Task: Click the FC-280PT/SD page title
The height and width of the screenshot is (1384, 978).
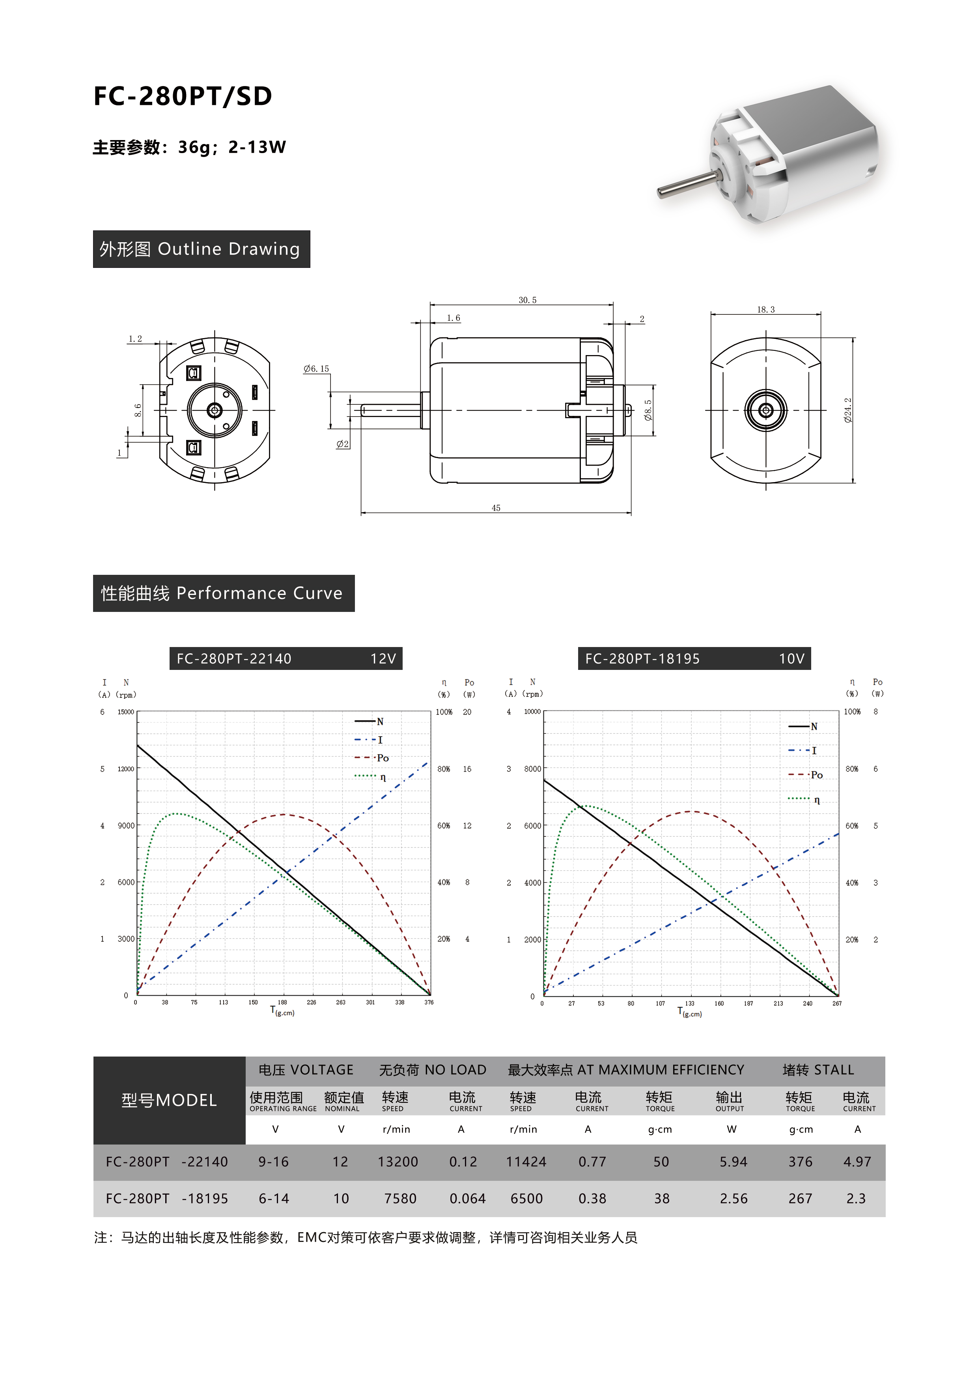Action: (x=183, y=96)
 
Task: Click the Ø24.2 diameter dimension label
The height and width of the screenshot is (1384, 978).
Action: (x=848, y=410)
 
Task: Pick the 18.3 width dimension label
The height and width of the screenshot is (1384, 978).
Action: (x=765, y=310)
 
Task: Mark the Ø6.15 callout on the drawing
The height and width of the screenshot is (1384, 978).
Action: (x=316, y=369)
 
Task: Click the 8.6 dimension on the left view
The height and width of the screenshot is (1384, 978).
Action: (x=138, y=410)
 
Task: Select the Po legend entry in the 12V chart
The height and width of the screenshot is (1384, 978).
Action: (x=382, y=758)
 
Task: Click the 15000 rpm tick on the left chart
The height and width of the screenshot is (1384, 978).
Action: (x=125, y=712)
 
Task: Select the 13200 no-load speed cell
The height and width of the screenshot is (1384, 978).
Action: (x=398, y=1161)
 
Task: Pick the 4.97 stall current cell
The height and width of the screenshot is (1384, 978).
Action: (x=857, y=1161)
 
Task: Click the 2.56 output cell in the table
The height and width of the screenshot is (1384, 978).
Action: (x=733, y=1198)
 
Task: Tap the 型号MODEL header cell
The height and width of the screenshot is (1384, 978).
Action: (x=169, y=1100)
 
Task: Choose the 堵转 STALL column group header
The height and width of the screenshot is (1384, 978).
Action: (x=818, y=1070)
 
